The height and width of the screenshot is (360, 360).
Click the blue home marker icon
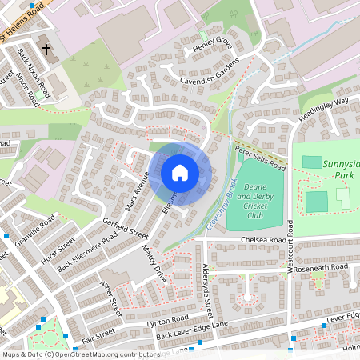point(180,173)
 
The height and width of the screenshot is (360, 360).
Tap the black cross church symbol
point(46,50)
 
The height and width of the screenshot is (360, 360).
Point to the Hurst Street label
point(59,249)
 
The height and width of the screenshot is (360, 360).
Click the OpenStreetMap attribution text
point(70,354)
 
